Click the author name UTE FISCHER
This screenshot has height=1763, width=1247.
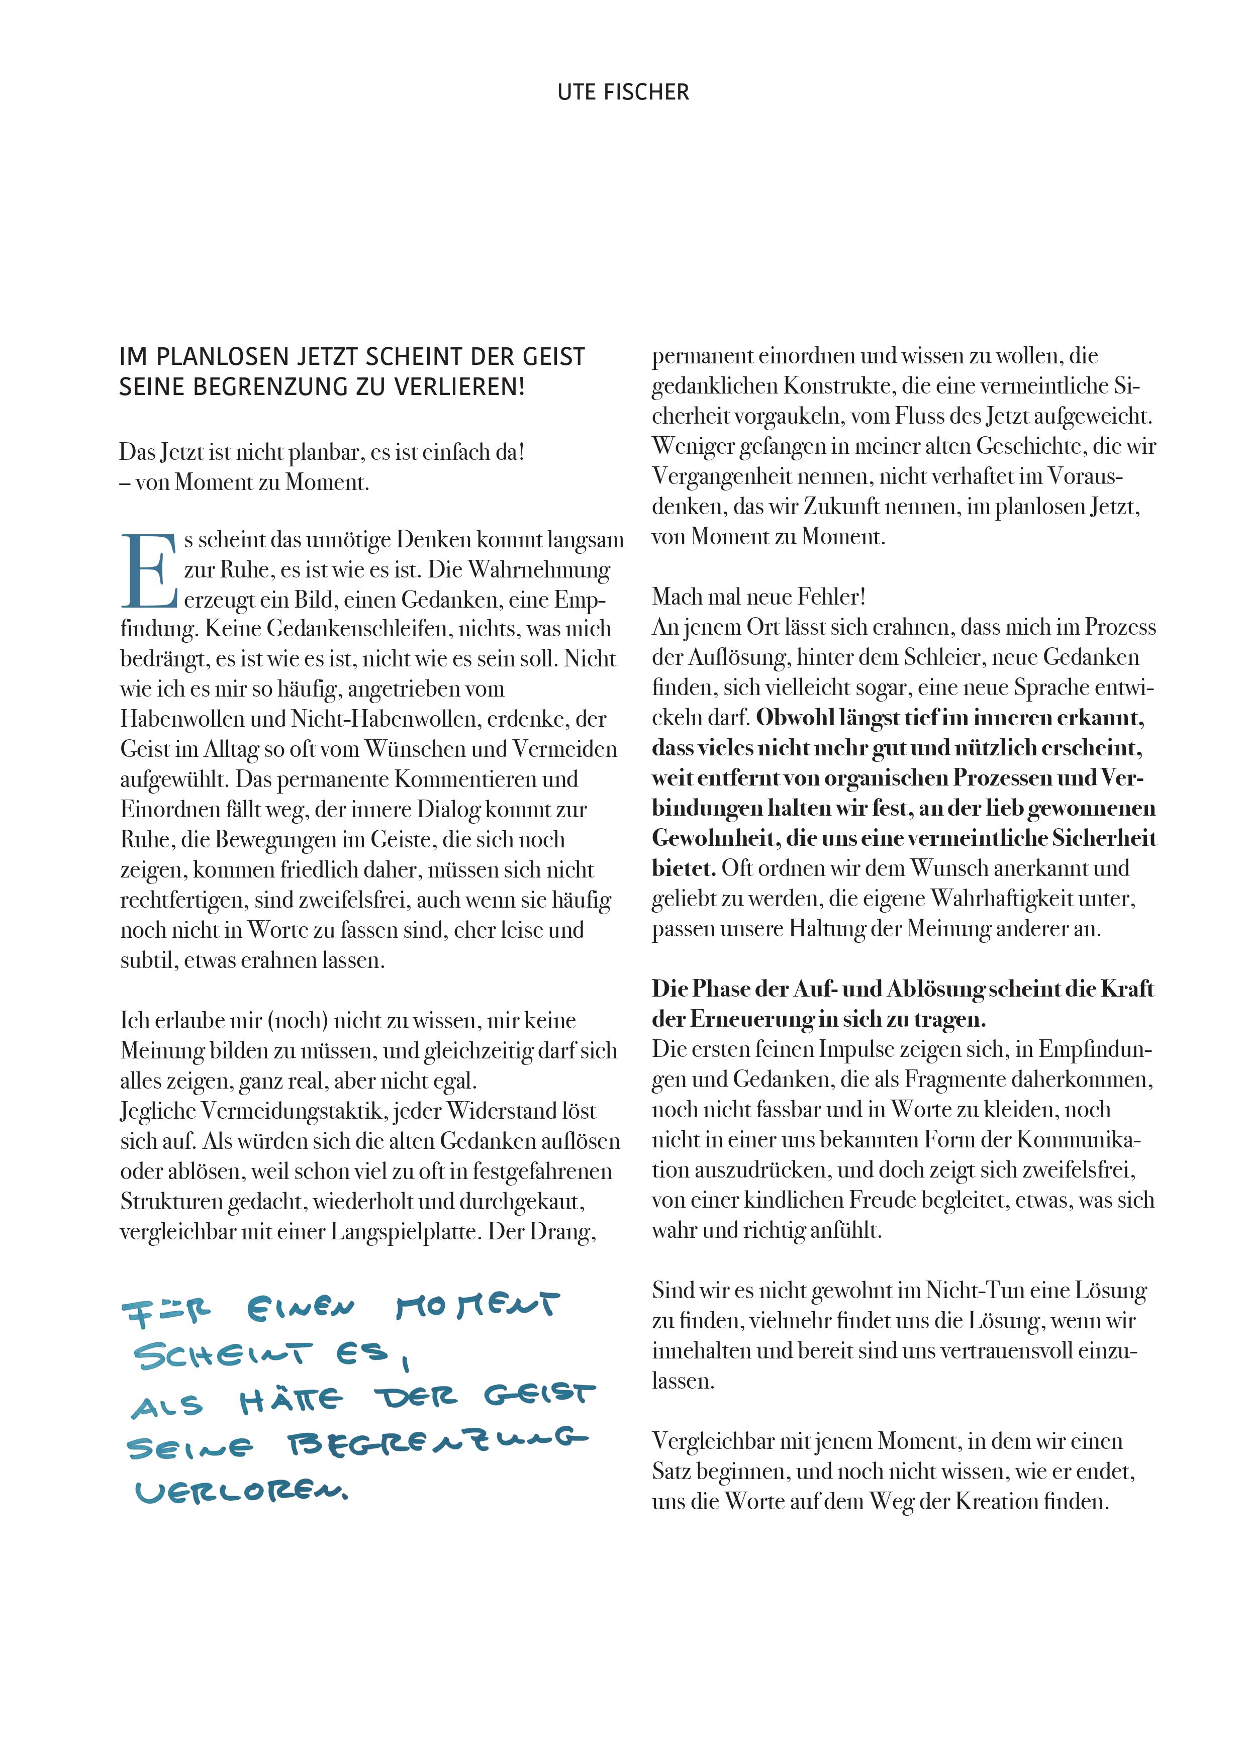[623, 92]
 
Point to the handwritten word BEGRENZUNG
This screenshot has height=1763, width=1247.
[435, 1443]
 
